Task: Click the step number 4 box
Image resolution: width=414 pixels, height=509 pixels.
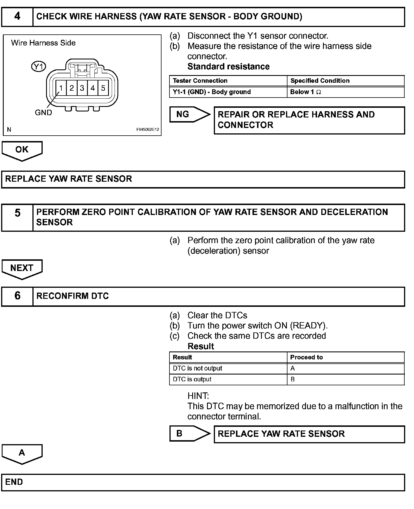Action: pos(17,17)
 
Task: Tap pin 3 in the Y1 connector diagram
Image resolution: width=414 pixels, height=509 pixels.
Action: pos(82,88)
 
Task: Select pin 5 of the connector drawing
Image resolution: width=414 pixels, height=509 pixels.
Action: pos(103,88)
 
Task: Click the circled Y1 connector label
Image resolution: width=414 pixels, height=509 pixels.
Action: pos(38,67)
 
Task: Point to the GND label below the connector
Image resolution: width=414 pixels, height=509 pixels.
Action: pos(43,113)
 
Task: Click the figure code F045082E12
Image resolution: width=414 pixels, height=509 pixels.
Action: pos(148,130)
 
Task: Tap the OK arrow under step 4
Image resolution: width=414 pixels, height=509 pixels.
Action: pos(22,150)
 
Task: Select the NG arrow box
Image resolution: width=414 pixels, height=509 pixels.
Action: pos(189,114)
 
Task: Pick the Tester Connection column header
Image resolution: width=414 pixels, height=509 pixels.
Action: pos(200,81)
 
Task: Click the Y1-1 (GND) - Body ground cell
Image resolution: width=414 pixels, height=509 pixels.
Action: pos(212,92)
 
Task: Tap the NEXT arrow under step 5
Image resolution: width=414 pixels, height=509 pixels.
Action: pos(22,268)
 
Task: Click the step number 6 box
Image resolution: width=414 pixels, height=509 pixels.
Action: pos(17,296)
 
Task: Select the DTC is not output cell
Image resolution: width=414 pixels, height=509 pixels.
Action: pos(197,369)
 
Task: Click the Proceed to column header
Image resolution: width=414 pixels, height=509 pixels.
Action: pos(307,357)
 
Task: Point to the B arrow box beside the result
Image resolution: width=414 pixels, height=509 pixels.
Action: pos(189,433)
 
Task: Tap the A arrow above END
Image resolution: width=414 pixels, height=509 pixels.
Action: pos(22,453)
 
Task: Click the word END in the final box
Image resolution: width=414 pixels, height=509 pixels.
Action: pos(14,482)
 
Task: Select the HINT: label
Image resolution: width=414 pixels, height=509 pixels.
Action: pos(198,396)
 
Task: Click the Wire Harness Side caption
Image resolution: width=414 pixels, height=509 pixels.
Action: pos(43,43)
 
